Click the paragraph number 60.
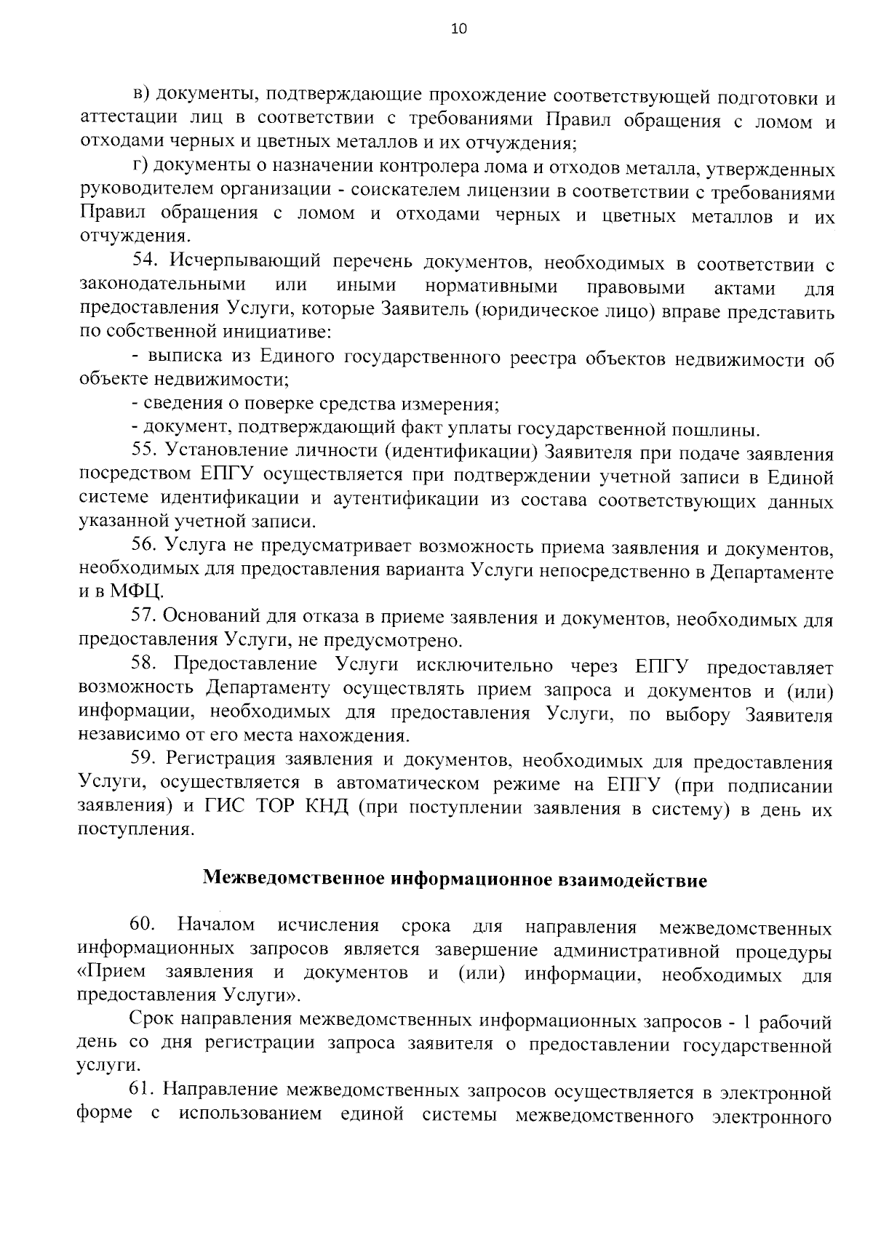tap(143, 925)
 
